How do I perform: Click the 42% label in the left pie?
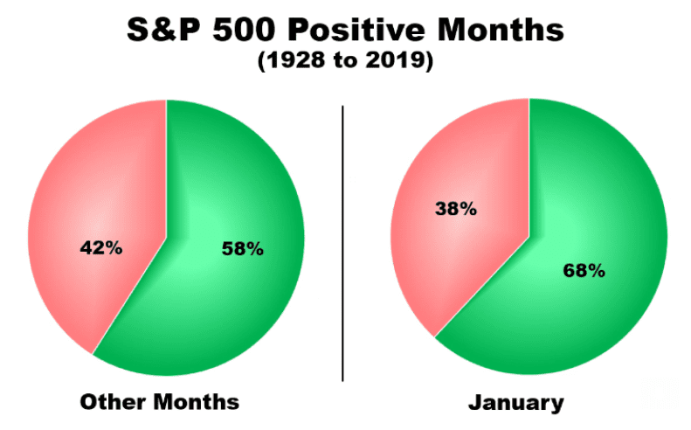100,247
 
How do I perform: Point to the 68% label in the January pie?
582,270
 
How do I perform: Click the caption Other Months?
159,402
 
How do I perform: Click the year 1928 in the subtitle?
292,64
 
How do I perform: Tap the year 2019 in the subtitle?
396,64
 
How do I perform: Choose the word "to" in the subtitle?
343,64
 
